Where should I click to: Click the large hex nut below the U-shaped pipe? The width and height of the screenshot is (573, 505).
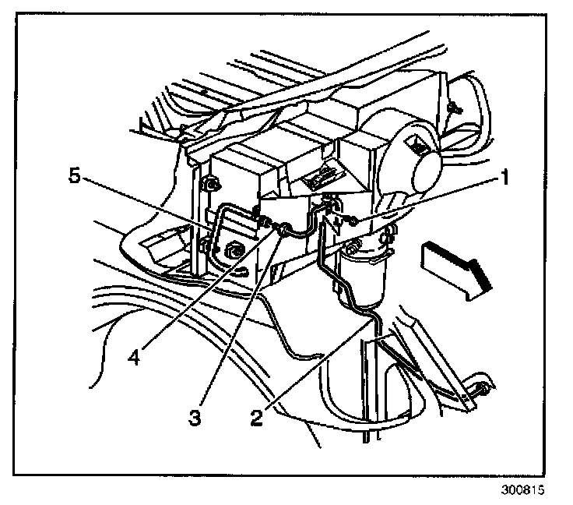232,252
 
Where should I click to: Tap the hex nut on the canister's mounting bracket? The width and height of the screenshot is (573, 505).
353,251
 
